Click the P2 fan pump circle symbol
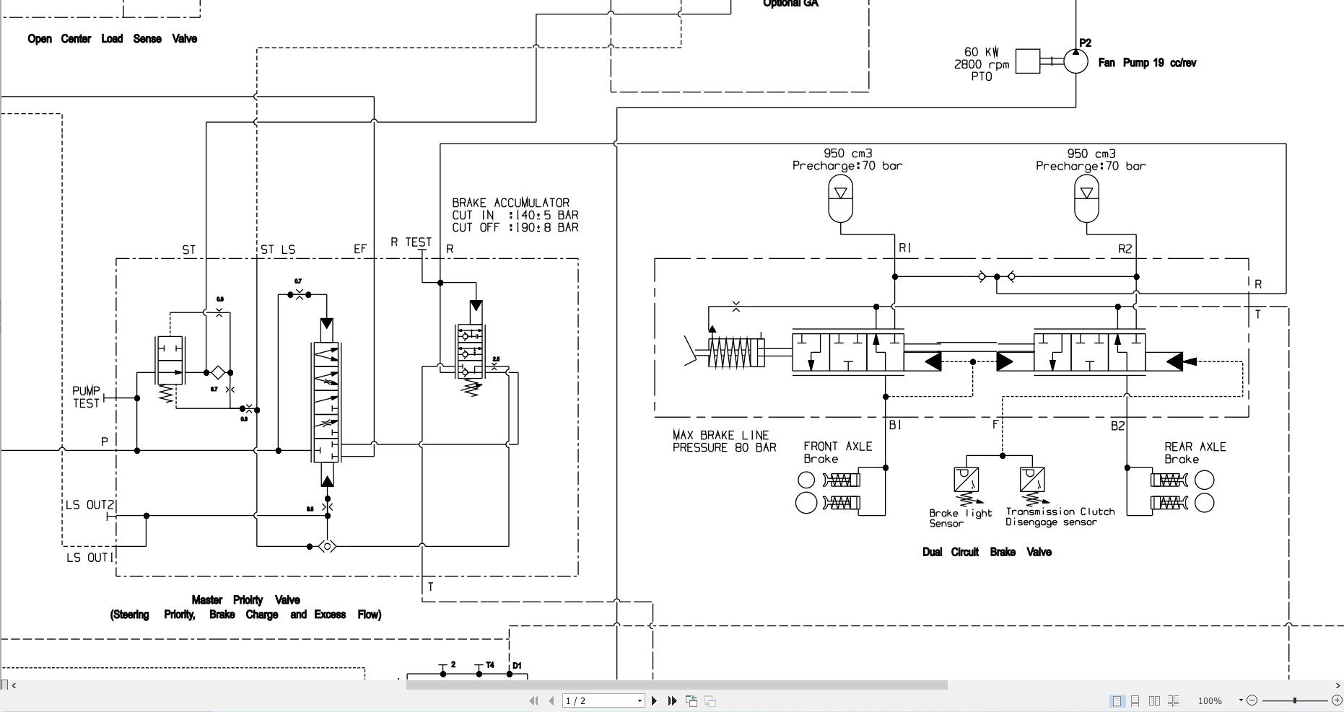click(x=1075, y=61)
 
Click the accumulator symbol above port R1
click(x=840, y=199)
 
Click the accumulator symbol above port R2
click(x=1086, y=200)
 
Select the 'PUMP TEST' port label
click(x=86, y=397)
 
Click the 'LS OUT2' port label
click(x=90, y=505)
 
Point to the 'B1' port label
click(x=895, y=426)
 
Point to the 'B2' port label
click(x=1117, y=426)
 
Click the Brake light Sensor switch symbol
click(x=966, y=479)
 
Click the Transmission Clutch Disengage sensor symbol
click(x=1032, y=479)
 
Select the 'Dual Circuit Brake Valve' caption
click(x=986, y=552)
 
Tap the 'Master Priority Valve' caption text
click(x=245, y=599)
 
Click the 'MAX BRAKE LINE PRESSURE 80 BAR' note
click(x=724, y=441)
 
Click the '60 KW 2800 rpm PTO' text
click(x=982, y=64)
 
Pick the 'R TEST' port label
click(x=411, y=242)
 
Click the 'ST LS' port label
click(x=277, y=250)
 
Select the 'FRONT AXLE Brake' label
click(x=837, y=452)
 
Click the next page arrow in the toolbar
click(x=654, y=700)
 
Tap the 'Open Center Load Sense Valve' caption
click(x=112, y=39)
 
